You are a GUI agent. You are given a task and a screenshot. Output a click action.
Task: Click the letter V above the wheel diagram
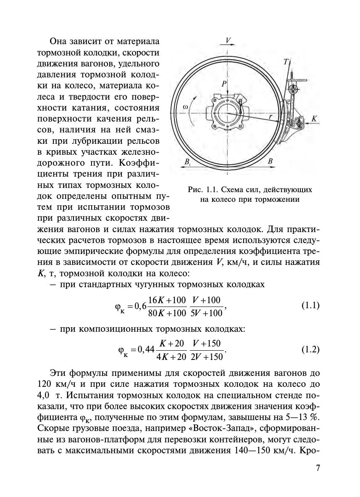click(228, 40)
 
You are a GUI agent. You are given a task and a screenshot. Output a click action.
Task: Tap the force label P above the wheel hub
click(224, 84)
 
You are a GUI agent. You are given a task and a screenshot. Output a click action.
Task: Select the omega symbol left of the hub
click(185, 107)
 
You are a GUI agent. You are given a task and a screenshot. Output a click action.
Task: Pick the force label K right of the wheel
click(313, 119)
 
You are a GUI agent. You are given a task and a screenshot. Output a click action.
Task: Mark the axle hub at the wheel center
click(226, 113)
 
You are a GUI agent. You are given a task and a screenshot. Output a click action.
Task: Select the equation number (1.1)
click(310, 306)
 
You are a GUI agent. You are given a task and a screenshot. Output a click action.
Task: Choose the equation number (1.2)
click(310, 349)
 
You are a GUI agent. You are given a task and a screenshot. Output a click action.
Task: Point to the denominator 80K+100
click(167, 313)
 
